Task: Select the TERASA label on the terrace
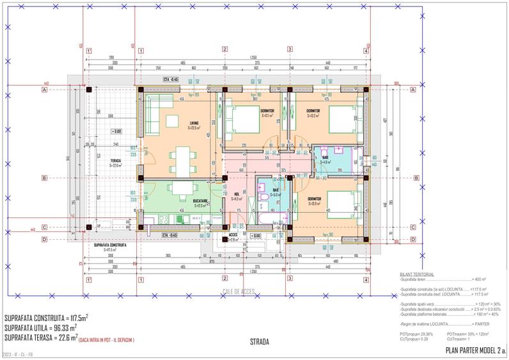tap(115, 161)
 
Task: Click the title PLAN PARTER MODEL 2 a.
tap(475, 351)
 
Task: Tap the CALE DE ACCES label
tap(239, 292)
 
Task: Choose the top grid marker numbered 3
tap(290, 49)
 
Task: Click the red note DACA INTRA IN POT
tap(107, 340)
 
